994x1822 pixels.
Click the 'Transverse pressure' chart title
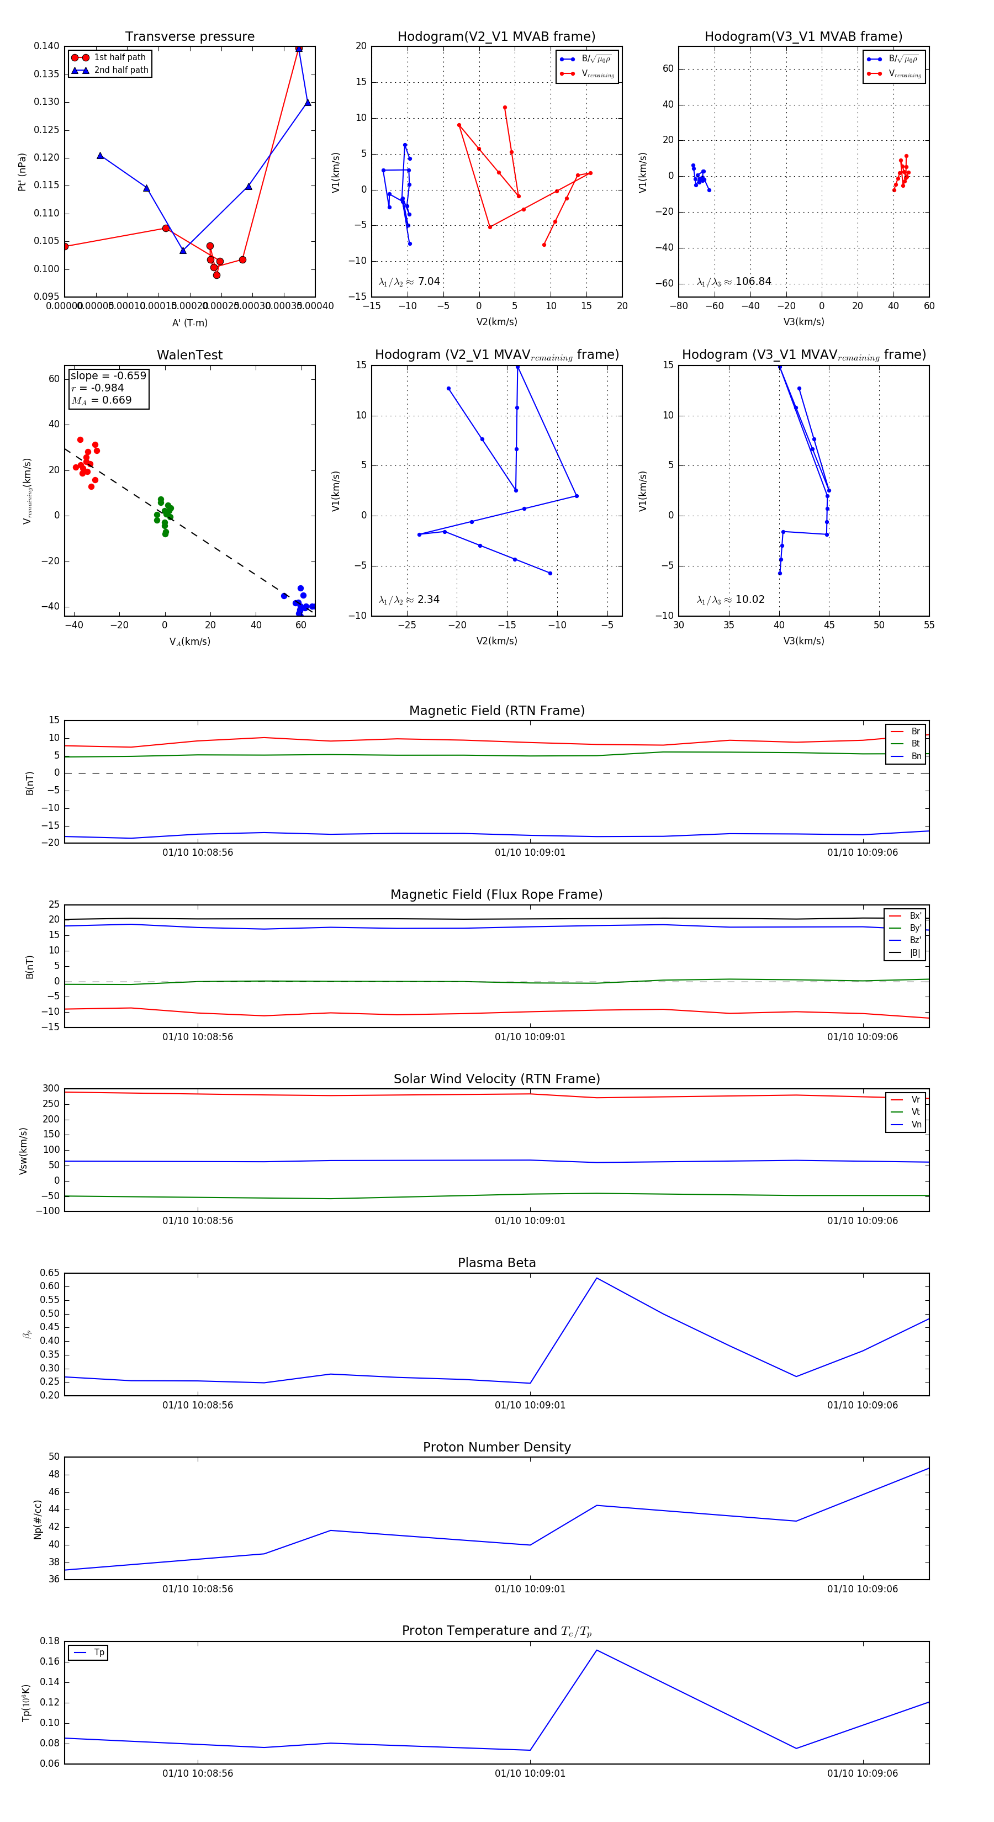(189, 37)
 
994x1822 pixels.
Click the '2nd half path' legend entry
(121, 70)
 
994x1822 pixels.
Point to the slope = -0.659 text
(108, 375)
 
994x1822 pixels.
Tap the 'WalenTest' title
(189, 355)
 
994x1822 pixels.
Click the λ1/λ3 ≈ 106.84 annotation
(734, 282)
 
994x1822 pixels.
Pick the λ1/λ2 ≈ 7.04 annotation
(409, 282)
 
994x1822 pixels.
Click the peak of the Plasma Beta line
(596, 1278)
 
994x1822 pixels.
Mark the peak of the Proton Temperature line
(596, 1650)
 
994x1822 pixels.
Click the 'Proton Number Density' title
(496, 1447)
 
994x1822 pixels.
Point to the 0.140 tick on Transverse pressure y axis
(47, 46)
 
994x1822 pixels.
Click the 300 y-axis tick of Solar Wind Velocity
(51, 1089)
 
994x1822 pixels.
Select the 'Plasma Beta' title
(496, 1263)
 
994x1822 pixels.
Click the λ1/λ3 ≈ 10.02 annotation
(730, 600)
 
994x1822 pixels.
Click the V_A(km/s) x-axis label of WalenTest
(189, 642)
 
